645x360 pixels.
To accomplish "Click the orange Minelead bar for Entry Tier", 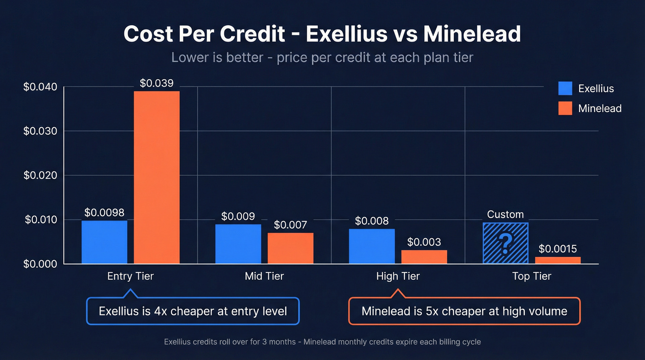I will [x=157, y=177].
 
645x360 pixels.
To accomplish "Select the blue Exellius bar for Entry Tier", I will [x=104, y=242].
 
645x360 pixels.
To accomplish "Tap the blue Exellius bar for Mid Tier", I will [x=238, y=244].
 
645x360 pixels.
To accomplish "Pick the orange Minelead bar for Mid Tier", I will [x=290, y=248].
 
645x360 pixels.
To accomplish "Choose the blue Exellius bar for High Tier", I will [x=371, y=246].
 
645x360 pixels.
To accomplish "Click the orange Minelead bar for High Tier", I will [x=424, y=257].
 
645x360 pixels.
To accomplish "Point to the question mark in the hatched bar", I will [x=505, y=244].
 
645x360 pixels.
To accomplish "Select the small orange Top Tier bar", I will [x=557, y=260].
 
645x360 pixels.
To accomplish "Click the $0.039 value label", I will [x=157, y=83].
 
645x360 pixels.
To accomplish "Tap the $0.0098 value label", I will [x=104, y=212].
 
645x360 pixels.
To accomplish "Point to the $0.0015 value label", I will [x=557, y=249].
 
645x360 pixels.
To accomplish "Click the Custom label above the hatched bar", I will [x=505, y=214].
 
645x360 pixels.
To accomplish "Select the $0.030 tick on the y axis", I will [x=40, y=131].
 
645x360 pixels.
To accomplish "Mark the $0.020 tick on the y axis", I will [x=40, y=176].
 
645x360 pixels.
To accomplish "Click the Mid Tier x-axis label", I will [x=264, y=277].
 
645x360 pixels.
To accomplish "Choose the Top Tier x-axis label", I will [x=532, y=277].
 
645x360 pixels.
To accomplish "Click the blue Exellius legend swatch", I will [x=565, y=89].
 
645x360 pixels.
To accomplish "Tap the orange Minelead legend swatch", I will [x=565, y=108].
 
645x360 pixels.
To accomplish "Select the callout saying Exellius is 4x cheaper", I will [x=193, y=311].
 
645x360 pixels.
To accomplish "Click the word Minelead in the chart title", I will [x=472, y=34].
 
